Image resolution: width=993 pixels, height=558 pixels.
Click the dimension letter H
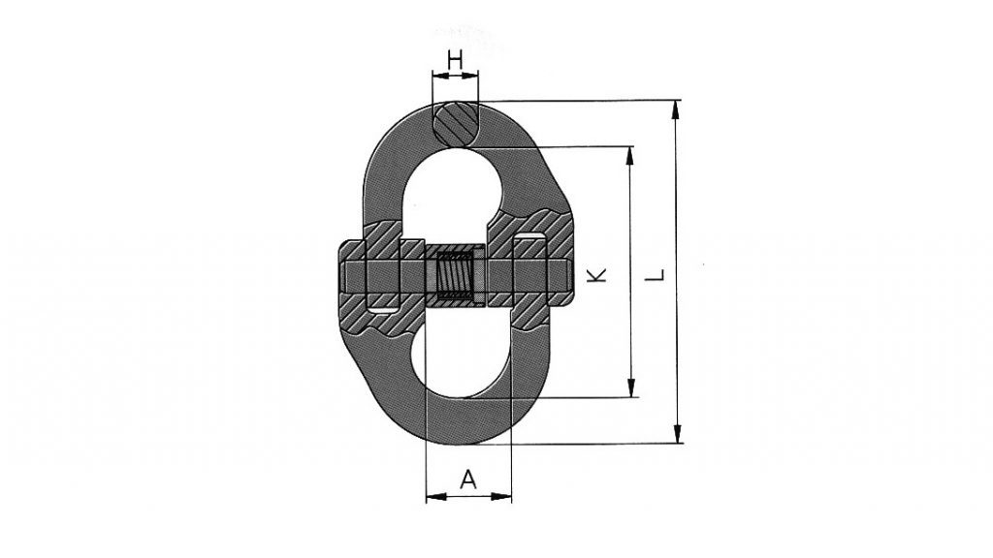pyautogui.click(x=454, y=60)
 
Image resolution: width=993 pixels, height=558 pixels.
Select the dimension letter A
pyautogui.click(x=468, y=479)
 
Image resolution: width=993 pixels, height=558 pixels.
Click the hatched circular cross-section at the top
pyautogui.click(x=455, y=124)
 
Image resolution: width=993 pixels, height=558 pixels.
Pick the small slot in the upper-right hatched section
pyautogui.click(x=529, y=238)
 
